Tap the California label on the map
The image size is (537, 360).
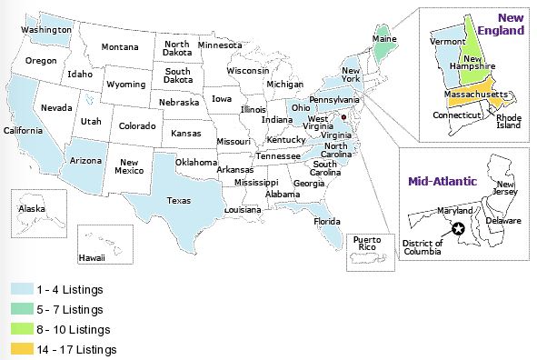(25, 130)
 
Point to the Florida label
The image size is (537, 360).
(326, 221)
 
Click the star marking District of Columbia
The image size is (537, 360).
(458, 230)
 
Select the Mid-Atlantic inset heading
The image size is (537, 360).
(442, 181)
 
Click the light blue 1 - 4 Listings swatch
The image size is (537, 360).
(21, 289)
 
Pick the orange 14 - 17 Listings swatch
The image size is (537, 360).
(21, 349)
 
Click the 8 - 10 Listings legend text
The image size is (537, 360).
(75, 329)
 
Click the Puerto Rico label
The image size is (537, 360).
(371, 242)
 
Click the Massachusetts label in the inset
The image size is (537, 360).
(474, 95)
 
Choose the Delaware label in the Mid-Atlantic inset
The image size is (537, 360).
(502, 221)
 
